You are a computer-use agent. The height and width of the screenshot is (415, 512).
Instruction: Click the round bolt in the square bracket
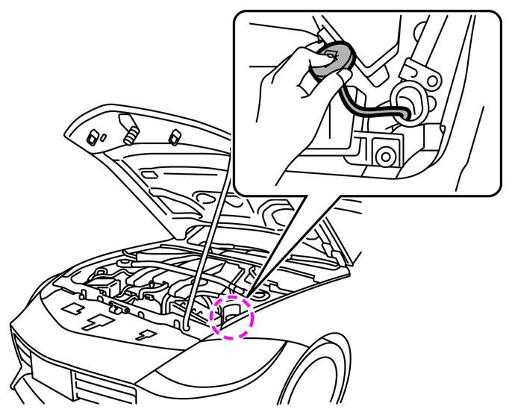386,155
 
